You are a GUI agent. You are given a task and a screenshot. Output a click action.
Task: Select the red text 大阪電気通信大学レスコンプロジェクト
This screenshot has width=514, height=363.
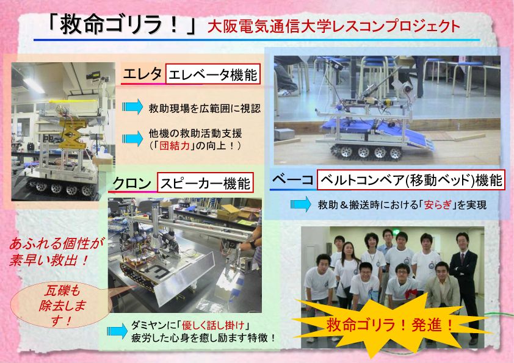coord(334,26)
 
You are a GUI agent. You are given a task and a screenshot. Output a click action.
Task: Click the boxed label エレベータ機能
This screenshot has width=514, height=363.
coord(213,74)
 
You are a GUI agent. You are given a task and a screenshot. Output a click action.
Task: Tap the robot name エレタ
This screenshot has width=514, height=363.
coord(142,74)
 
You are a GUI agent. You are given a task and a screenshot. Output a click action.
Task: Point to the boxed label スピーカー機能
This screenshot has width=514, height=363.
coord(205,182)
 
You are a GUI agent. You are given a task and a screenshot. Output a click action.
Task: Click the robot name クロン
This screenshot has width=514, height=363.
coord(132,183)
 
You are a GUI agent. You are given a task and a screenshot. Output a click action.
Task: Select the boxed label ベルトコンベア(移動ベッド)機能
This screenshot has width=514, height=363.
coord(411,180)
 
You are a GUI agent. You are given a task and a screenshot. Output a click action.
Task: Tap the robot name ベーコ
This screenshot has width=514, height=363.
coord(292,179)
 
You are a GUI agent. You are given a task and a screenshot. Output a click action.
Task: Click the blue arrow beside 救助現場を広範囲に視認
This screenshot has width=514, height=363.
coord(132,107)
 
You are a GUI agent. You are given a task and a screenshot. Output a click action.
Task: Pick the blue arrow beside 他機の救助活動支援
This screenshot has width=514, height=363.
coord(132,138)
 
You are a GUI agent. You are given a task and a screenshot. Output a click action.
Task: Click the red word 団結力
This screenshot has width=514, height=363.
coord(175,145)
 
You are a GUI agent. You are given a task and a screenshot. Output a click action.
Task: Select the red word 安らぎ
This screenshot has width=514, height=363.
coord(438,205)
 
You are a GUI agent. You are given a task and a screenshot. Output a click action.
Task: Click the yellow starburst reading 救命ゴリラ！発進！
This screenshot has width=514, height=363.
coord(390,325)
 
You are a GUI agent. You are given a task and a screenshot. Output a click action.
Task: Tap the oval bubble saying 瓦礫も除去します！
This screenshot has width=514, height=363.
coord(61,305)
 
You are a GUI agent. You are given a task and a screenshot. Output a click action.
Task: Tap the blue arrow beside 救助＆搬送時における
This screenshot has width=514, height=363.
coord(300,204)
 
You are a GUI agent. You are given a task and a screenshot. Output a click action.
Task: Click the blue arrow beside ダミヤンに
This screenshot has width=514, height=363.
coord(117,331)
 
